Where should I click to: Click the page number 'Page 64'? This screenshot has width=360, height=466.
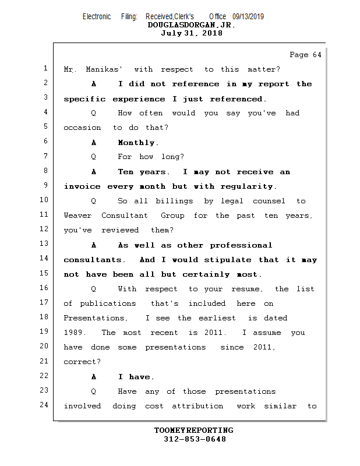[305, 55]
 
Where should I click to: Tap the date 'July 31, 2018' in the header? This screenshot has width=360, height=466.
[191, 33]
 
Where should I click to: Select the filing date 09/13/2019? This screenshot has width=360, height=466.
[248, 16]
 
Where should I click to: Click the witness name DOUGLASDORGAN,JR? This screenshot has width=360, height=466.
[191, 25]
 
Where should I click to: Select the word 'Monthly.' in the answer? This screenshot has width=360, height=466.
[138, 143]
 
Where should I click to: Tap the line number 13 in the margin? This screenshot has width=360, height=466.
[44, 244]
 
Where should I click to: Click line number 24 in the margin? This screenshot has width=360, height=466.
[44, 405]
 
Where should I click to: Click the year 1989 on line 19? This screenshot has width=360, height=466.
[75, 333]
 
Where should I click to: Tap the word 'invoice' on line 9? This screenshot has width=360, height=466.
[83, 186]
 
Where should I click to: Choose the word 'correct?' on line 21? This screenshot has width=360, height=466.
[82, 362]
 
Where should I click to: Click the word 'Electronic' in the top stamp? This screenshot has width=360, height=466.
[97, 16]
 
